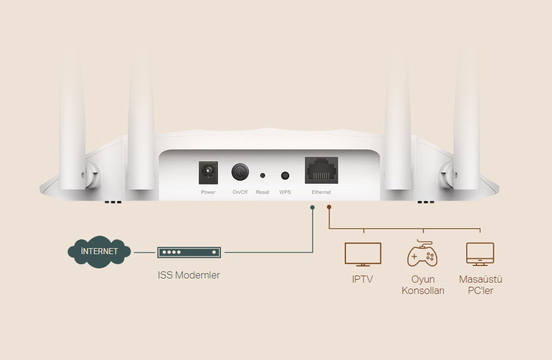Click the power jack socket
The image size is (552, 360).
[208, 173]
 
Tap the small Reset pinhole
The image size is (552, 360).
[263, 176]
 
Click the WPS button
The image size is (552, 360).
[285, 176]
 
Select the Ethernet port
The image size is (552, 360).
[322, 170]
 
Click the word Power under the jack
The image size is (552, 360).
[208, 192]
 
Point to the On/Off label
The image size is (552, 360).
[240, 192]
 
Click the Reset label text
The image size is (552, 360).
[263, 192]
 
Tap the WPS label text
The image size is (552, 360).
[285, 192]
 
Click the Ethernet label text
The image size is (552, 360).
[322, 192]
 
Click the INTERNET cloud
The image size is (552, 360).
[99, 251]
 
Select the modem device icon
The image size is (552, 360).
[189, 252]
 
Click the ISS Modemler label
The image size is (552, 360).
[189, 275]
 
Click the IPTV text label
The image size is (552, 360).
[363, 280]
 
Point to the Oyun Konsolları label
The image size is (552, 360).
[423, 285]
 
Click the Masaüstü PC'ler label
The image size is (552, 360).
[481, 285]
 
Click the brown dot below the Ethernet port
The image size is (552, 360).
[329, 207]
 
